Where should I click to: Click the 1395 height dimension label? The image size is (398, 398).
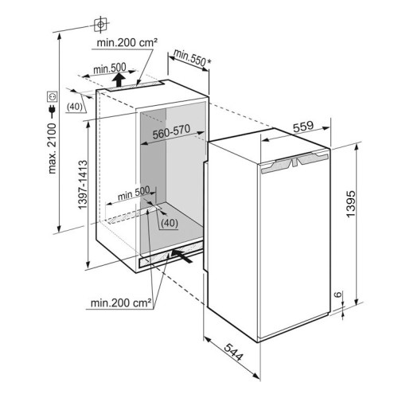[351, 204]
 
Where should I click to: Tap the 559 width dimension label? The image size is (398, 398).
[303, 127]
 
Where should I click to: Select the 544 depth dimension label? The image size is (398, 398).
[233, 352]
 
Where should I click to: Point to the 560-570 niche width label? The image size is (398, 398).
[171, 131]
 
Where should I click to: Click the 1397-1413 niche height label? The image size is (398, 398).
[83, 185]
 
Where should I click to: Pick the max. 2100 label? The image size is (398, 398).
[53, 148]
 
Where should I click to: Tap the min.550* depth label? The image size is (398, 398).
[192, 58]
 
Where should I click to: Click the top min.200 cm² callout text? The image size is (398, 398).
[127, 42]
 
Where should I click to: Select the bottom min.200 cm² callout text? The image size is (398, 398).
[121, 302]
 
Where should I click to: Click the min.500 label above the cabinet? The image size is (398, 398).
[110, 68]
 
